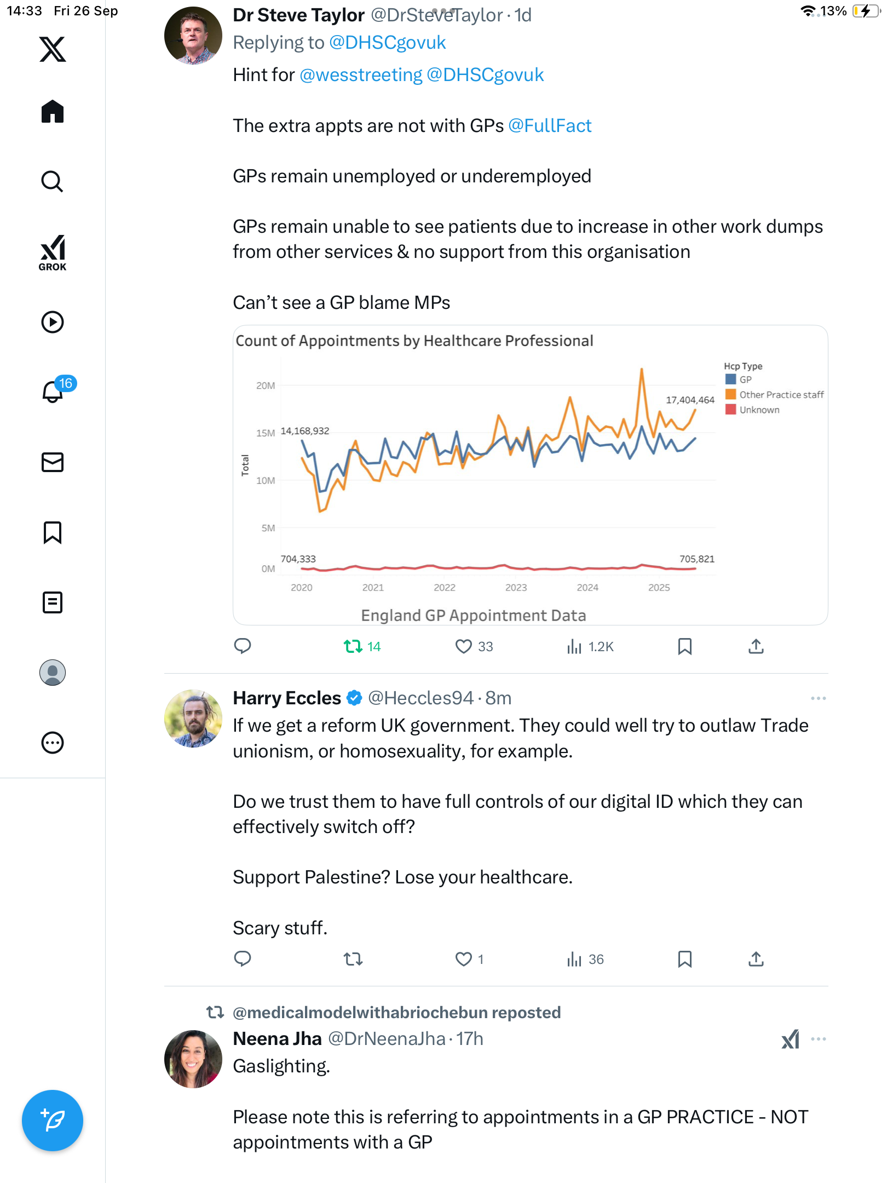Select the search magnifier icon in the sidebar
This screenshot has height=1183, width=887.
(x=53, y=181)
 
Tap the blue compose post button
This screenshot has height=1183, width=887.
(x=53, y=1120)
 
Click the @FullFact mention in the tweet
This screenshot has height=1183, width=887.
(x=550, y=126)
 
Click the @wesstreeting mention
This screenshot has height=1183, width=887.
(x=361, y=75)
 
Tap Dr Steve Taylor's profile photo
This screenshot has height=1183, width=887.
(x=193, y=36)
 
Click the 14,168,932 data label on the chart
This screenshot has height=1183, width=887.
(x=305, y=431)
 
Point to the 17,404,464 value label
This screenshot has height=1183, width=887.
(x=690, y=400)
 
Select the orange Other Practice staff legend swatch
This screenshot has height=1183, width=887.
(x=730, y=394)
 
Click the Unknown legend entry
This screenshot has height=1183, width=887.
(x=759, y=410)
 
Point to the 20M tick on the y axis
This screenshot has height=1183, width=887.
(x=266, y=386)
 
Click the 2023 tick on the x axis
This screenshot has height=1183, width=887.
(x=516, y=587)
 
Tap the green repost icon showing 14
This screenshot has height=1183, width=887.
(x=353, y=647)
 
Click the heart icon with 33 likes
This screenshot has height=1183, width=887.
(x=464, y=647)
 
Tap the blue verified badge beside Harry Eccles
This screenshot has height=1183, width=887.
(x=355, y=698)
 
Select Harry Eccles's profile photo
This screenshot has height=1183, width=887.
(x=193, y=718)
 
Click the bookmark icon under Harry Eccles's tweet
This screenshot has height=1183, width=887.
(x=684, y=959)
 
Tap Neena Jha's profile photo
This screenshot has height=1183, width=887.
(x=193, y=1059)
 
